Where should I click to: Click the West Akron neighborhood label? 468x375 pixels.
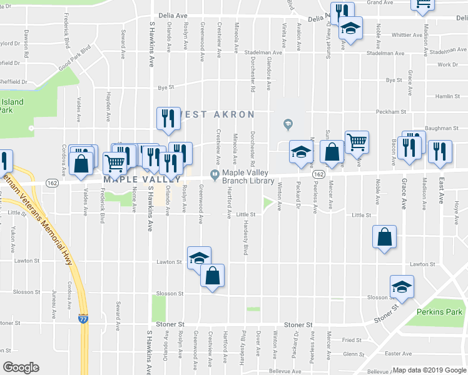point(216,115)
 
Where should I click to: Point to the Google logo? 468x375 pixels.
point(21,367)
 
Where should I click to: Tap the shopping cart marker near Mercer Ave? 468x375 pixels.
point(356,142)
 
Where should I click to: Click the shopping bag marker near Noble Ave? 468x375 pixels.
point(384,237)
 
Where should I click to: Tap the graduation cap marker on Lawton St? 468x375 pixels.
point(199,257)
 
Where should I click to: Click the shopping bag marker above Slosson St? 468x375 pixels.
point(212,276)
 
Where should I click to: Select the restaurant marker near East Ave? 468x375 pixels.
point(439,151)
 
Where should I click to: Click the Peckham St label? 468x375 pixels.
point(391,112)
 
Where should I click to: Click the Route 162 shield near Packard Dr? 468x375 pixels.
point(318,175)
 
